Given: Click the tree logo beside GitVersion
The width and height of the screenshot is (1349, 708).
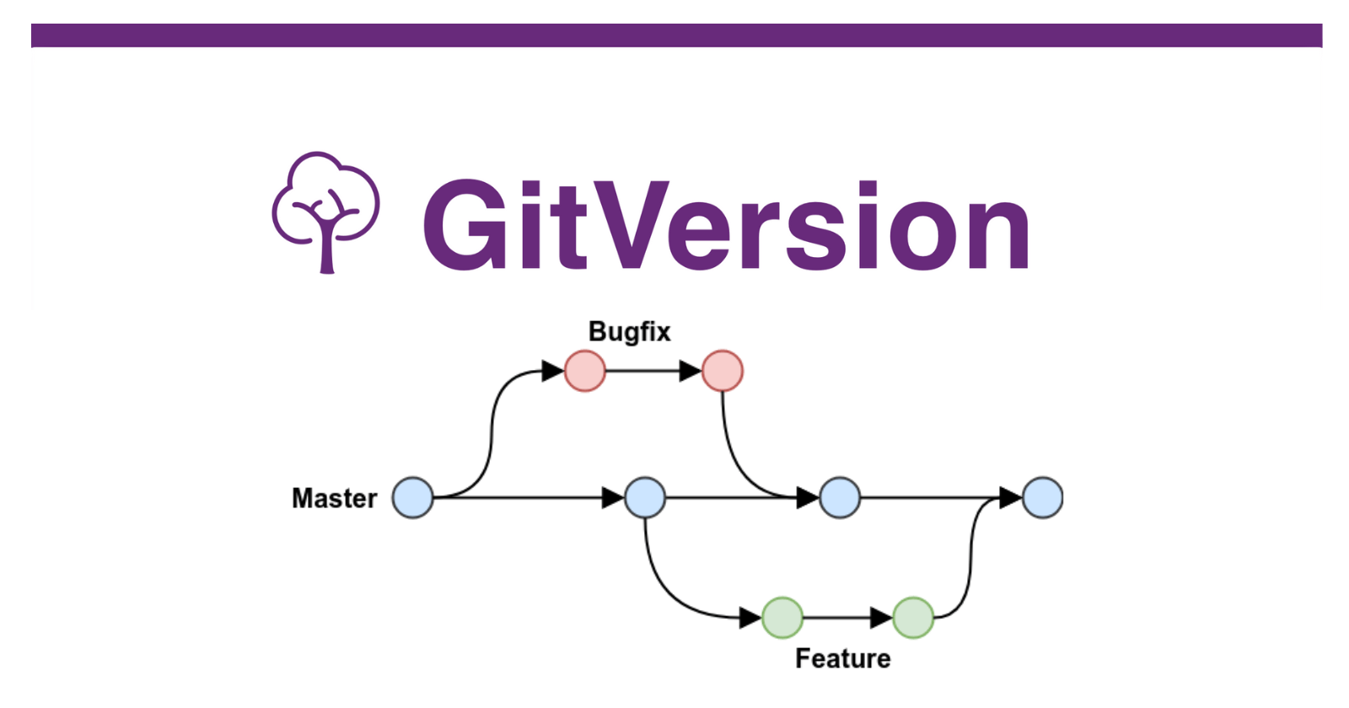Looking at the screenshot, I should [x=325, y=211].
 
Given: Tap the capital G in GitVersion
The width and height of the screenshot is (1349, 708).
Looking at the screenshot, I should [x=463, y=225].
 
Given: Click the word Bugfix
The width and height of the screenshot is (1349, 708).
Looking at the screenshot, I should [x=629, y=332].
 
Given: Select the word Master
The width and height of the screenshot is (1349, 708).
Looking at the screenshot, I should [x=334, y=498].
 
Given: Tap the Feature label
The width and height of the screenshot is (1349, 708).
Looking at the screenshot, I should [x=842, y=658].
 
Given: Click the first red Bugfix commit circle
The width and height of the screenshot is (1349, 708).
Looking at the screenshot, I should [x=585, y=371].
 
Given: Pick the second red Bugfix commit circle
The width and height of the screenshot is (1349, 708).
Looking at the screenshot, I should [x=723, y=371].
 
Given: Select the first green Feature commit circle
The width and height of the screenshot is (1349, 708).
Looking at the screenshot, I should [x=782, y=618].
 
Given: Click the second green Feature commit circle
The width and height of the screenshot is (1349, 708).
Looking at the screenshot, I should [x=913, y=618].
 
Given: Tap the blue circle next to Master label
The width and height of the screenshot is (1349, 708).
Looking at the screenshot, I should [x=413, y=497].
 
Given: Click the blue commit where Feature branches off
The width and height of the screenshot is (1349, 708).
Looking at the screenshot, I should [x=645, y=497].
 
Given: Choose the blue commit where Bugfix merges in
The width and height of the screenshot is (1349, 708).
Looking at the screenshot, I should [x=840, y=497].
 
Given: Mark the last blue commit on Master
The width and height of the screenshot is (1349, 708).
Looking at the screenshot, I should [x=1043, y=497].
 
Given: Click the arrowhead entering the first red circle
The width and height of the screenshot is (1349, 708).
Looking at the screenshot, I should [x=553, y=371].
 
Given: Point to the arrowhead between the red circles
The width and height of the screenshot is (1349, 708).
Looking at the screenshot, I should [x=691, y=371].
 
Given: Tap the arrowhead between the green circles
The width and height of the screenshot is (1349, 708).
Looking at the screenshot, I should [x=881, y=618].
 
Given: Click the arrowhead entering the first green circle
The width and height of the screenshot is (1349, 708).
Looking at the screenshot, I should [x=750, y=618].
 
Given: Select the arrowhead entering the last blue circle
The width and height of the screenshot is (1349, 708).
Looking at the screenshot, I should [x=1010, y=497].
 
